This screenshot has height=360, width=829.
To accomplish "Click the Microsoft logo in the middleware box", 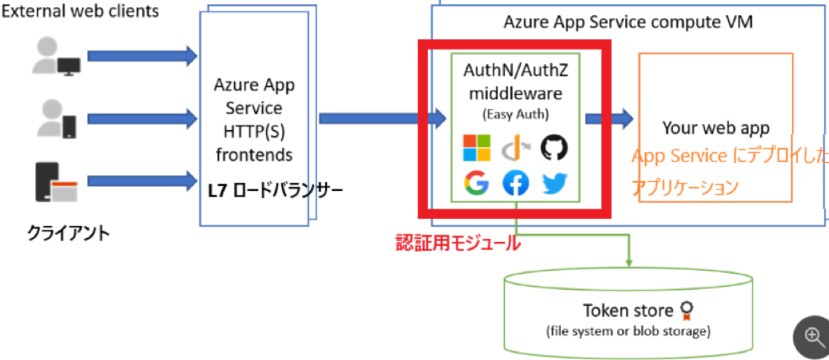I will pyautogui.click(x=476, y=147).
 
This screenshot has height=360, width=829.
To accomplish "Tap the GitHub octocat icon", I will pyautogui.click(x=554, y=147).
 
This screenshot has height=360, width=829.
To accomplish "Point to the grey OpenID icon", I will pyautogui.click(x=516, y=148).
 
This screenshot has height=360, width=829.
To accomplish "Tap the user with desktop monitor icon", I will pyautogui.click(x=57, y=56).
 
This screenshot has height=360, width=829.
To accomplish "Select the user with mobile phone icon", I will pyautogui.click(x=57, y=118).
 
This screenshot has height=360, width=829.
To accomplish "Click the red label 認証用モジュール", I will pyautogui.click(x=458, y=243).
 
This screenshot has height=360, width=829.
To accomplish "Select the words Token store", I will pyautogui.click(x=628, y=311).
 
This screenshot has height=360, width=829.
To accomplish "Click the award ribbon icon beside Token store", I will pyautogui.click(x=687, y=310).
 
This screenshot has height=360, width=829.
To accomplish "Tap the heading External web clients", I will pyautogui.click(x=80, y=11).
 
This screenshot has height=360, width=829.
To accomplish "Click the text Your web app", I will pyautogui.click(x=715, y=128).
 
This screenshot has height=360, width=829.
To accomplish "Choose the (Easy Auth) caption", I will pyautogui.click(x=516, y=115).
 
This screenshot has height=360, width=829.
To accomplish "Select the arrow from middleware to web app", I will pyautogui.click(x=609, y=118).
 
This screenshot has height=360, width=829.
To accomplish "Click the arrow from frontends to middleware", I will pyautogui.click(x=382, y=118).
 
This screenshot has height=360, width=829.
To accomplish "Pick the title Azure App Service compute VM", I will pyautogui.click(x=628, y=22).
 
